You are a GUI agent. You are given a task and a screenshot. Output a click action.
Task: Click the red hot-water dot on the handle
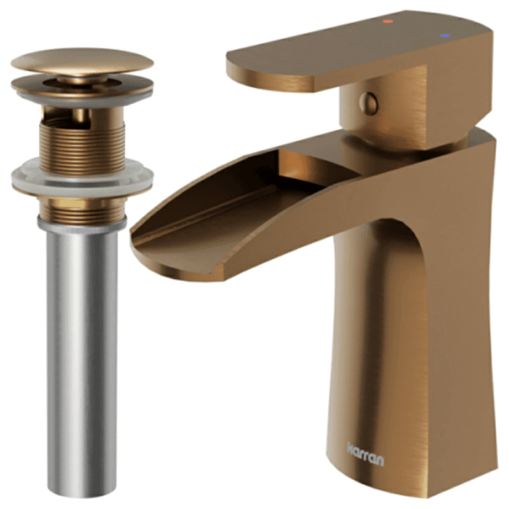(x=387, y=22)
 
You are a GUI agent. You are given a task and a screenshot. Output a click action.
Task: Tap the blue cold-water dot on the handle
(x=445, y=36)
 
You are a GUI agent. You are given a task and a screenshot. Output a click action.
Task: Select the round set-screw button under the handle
(x=369, y=104)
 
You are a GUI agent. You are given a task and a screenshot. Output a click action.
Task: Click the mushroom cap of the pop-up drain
(x=82, y=61)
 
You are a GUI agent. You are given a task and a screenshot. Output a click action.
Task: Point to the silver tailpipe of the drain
(x=82, y=357)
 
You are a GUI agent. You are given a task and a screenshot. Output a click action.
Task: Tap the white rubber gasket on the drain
(x=82, y=178)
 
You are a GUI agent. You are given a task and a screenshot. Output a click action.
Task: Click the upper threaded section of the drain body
(x=82, y=146)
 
